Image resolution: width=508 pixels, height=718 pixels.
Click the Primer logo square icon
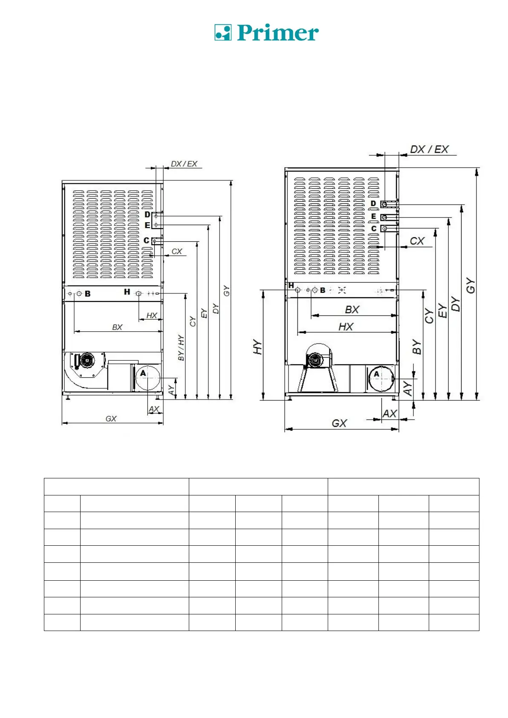222,32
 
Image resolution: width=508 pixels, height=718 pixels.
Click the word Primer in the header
278,33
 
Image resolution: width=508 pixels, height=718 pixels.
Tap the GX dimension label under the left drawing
111,419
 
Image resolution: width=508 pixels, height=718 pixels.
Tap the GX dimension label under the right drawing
339,423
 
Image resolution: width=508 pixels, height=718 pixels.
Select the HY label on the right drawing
257,347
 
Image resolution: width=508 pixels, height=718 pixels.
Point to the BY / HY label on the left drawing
181,348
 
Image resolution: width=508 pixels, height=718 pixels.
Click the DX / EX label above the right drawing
429,149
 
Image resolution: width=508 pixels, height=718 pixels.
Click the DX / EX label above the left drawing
184,164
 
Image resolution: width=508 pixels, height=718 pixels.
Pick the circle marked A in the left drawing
147,377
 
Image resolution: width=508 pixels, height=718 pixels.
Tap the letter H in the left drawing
127,292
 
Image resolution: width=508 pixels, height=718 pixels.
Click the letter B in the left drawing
88,294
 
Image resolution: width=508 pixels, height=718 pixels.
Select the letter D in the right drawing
373,204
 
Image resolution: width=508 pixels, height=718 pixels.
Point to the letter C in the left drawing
147,241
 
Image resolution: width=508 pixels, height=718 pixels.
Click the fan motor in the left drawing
87,361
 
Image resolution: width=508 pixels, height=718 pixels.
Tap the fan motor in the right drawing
315,360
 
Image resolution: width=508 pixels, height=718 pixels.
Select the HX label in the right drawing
346,327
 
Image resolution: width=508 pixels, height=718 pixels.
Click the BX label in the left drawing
117,327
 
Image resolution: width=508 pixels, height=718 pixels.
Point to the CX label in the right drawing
417,241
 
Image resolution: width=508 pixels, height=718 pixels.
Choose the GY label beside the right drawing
470,285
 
